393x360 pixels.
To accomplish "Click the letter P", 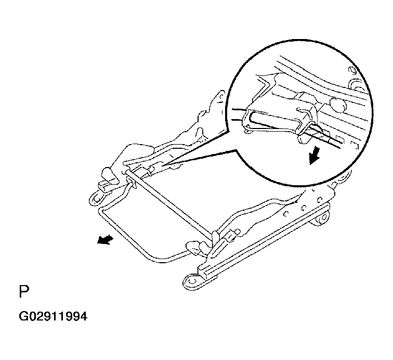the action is coord(24,291).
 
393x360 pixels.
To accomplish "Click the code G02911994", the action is coord(53,316).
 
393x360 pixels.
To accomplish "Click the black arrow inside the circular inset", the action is coord(315,156).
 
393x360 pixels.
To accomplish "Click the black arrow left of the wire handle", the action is coord(105,240).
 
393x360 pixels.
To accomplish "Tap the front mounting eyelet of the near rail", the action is coord(192,281).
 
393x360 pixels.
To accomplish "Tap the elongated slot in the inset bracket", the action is coord(273,121).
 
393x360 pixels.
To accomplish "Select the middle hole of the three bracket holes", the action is coord(304,208).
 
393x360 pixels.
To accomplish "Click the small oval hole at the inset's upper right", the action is coord(351,71).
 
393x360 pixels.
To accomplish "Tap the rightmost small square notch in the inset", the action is coord(355,145).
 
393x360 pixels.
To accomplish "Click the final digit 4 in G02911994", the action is coord(84,316).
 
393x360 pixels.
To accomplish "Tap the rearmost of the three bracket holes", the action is coord(320,200).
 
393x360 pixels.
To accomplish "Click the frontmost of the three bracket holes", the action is coord(286,214).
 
